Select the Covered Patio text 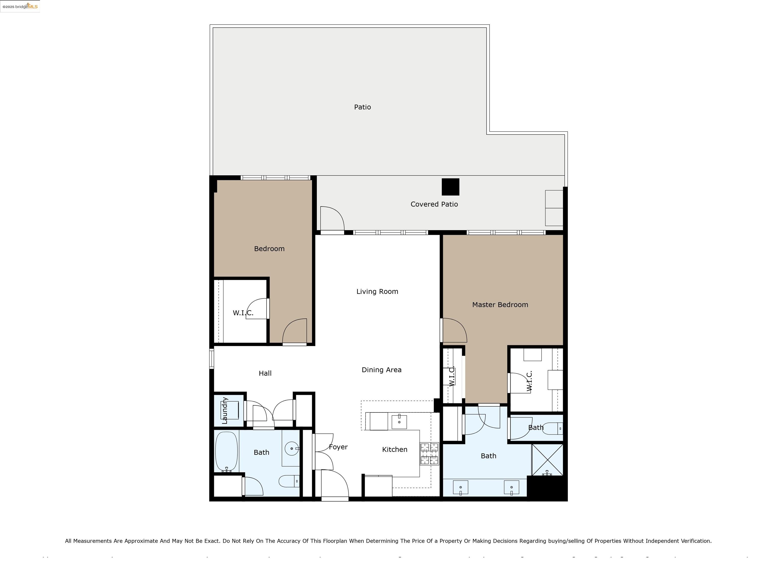[434, 204]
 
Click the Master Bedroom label [500, 305]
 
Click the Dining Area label [381, 370]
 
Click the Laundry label [225, 410]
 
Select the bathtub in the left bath [227, 452]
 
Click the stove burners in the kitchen [429, 454]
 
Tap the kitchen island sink [399, 422]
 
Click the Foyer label [338, 447]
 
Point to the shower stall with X [547, 460]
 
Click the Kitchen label [395, 449]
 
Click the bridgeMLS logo [20, 6]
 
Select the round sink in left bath [292, 448]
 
